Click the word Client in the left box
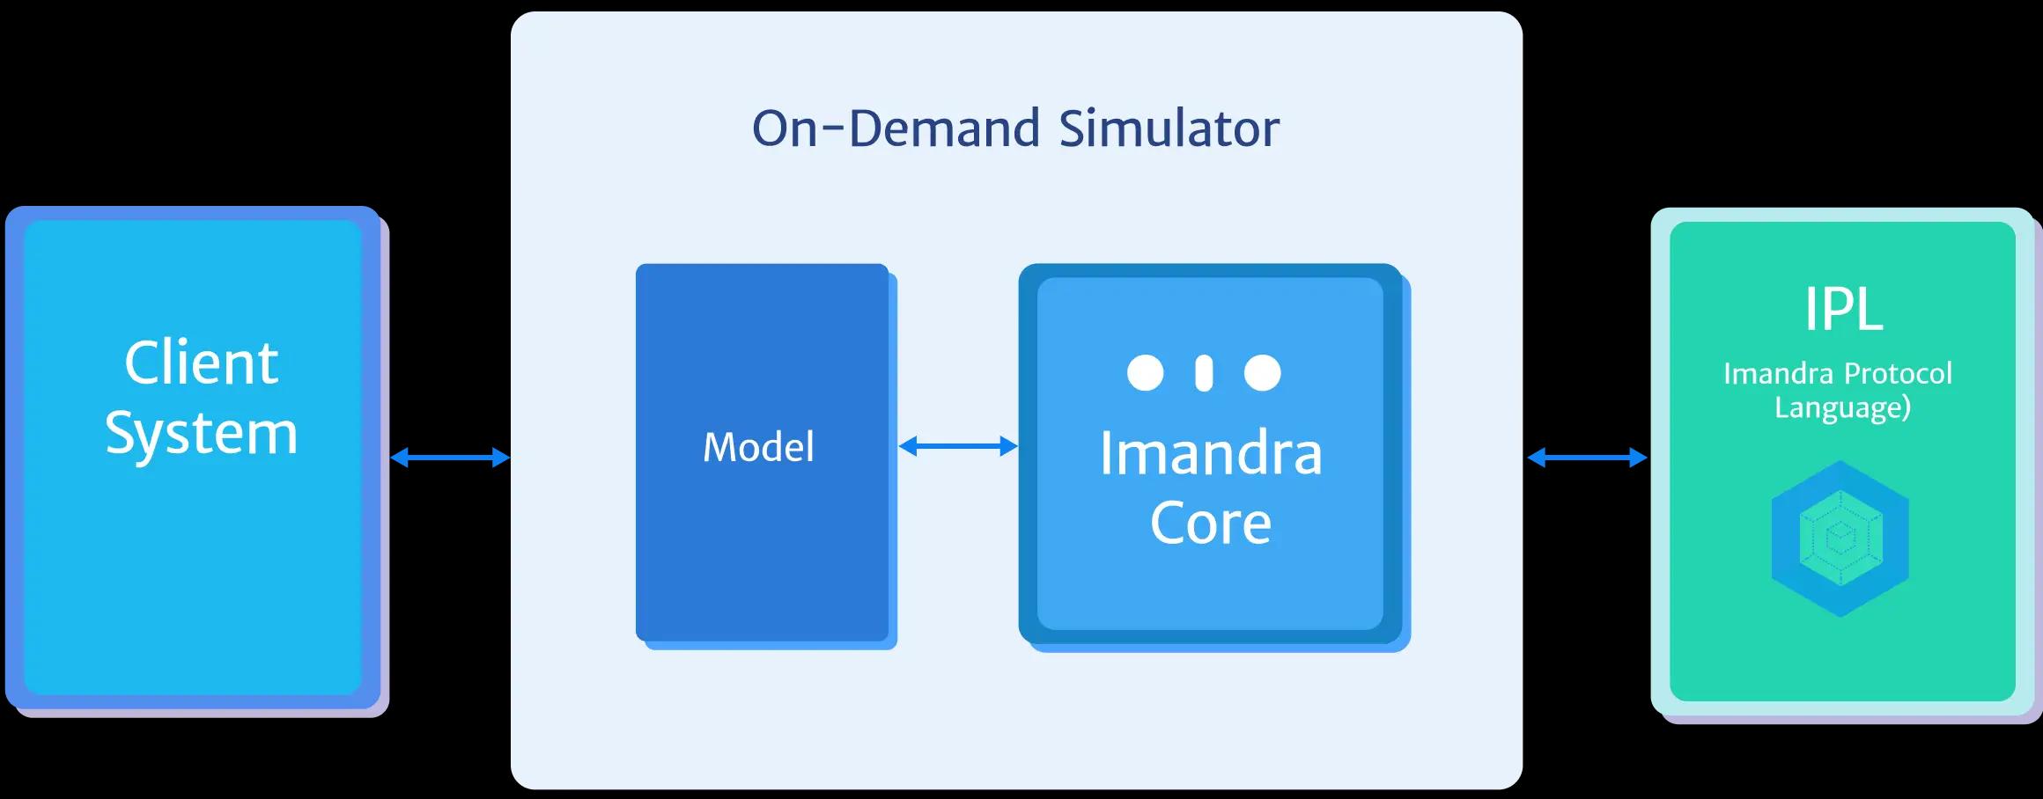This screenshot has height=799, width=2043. point(201,363)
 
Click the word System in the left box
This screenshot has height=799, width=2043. point(201,434)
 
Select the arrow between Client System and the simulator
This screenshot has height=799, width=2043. point(450,458)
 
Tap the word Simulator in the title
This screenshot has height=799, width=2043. point(1169,128)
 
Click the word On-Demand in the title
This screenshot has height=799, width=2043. point(896,128)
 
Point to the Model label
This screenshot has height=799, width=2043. point(758,448)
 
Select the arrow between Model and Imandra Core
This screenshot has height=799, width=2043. point(958,447)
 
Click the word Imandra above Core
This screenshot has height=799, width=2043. point(1210,454)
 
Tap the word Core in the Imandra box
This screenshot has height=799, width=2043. point(1210,524)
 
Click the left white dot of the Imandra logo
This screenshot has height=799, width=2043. point(1145,373)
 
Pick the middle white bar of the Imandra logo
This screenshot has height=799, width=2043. point(1204,373)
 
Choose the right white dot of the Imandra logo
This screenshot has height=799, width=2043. point(1262,373)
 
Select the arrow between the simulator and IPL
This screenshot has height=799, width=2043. point(1587,458)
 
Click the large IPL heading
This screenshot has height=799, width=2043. point(1843,310)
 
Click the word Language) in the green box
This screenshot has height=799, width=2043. point(1842,407)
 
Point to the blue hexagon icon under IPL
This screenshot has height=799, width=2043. point(1840,538)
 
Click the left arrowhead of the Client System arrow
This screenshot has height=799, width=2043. point(399,458)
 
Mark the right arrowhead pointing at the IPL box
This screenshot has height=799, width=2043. point(1639,458)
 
